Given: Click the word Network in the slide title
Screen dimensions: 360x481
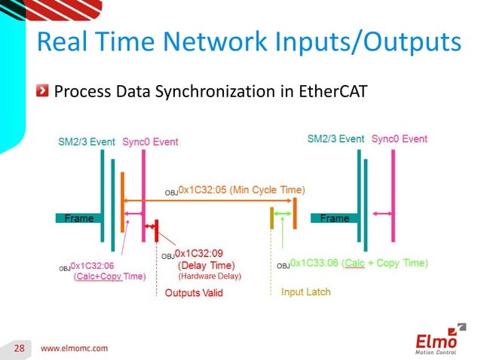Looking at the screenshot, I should click(230, 42).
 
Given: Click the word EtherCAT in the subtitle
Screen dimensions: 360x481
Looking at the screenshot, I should click(324, 92).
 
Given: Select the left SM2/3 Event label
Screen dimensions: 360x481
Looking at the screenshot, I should click(87, 141).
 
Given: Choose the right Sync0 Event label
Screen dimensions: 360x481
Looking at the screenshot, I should click(399, 139).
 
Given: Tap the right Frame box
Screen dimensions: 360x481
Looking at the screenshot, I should click(335, 218).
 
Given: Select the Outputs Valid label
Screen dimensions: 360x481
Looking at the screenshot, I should click(194, 292).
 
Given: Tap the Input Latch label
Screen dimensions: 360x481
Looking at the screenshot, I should click(305, 291).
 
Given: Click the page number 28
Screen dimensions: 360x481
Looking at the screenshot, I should click(19, 348).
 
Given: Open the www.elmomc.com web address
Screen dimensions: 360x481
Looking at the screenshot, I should click(74, 348).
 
